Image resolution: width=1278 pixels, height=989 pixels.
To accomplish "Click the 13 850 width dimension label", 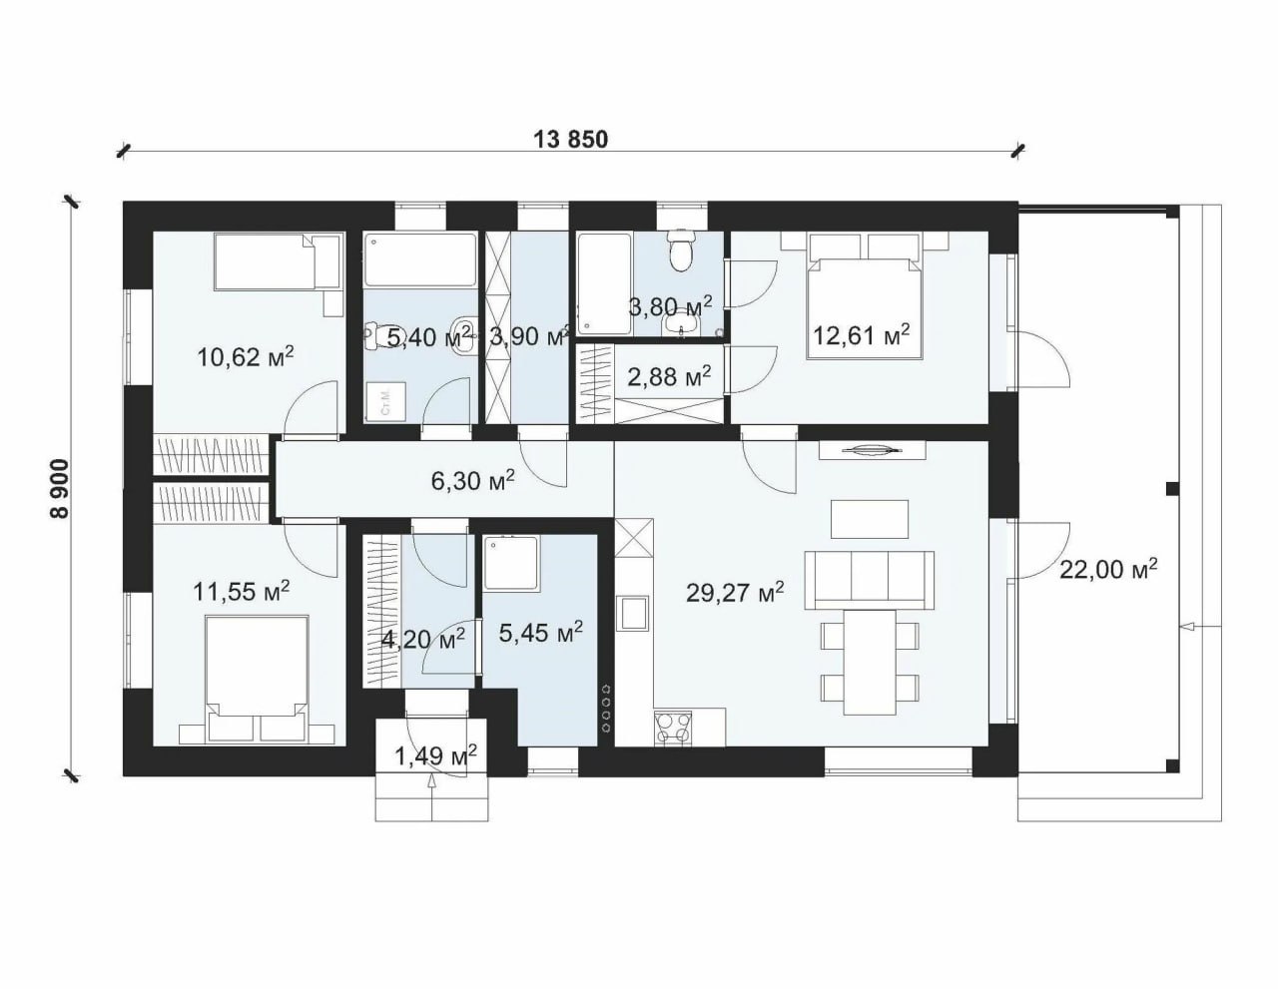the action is [x=570, y=140].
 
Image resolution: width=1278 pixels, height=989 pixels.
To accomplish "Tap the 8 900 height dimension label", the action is [x=59, y=489].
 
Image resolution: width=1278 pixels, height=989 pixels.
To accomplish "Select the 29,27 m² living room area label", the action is [x=735, y=593].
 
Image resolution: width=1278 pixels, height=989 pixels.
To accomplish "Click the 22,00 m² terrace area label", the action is [x=1108, y=569].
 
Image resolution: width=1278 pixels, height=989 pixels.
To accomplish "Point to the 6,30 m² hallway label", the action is [x=473, y=480].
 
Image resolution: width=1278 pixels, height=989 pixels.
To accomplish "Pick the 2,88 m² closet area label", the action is [x=669, y=376].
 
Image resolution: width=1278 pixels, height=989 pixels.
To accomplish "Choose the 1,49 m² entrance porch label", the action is [x=435, y=755].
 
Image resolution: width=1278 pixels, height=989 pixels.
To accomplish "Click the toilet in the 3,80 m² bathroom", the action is [x=682, y=251].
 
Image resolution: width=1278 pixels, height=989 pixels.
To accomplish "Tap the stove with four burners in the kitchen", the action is [x=673, y=729].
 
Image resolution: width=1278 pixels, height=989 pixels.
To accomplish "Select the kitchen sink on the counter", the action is [x=632, y=613].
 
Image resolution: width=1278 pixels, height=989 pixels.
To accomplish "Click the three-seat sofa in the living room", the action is [x=870, y=580].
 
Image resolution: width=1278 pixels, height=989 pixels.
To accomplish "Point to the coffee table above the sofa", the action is [x=870, y=519].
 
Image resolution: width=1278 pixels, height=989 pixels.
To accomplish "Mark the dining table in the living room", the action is [x=870, y=663].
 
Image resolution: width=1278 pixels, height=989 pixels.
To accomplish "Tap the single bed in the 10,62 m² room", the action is [x=278, y=261].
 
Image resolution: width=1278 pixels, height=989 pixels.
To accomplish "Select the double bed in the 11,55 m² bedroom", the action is [x=257, y=679].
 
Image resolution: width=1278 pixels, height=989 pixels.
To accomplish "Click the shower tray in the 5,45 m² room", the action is [x=511, y=564].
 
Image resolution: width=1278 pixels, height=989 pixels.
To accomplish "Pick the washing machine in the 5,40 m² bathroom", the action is [x=385, y=402].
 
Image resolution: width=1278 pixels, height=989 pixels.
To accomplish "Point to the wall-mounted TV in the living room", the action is [x=873, y=451].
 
